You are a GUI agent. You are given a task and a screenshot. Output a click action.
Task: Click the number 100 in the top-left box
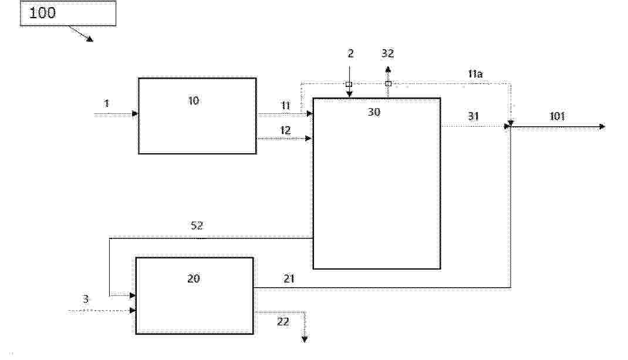[42, 13]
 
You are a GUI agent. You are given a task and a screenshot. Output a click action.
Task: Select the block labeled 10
[197, 116]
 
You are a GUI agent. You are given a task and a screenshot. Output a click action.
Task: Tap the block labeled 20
[195, 295]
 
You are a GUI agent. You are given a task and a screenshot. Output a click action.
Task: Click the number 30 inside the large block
[374, 112]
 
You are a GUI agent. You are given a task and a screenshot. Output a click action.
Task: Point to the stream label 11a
[475, 74]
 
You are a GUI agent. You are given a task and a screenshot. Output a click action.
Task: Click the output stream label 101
[557, 116]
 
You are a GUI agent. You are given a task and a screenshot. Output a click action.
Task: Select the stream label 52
[197, 226]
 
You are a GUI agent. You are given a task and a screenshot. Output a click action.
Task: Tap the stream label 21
[289, 278]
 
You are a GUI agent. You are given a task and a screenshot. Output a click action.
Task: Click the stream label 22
[283, 321]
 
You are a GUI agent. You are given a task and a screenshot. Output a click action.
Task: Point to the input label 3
[86, 299]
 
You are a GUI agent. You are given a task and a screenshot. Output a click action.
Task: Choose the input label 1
[106, 103]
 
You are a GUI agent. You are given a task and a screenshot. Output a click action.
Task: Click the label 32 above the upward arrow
[388, 53]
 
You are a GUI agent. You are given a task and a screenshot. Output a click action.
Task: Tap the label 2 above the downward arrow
[351, 53]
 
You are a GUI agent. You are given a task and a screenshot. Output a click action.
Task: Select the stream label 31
[474, 116]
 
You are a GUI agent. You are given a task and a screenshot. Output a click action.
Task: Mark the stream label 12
[285, 130]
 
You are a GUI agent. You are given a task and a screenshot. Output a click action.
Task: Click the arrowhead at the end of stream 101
[602, 127]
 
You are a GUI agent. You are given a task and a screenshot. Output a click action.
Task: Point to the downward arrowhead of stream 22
[305, 339]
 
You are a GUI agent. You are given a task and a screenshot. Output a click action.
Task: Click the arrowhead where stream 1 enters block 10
[135, 114]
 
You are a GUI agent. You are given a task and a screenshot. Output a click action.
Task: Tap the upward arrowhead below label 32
[388, 69]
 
